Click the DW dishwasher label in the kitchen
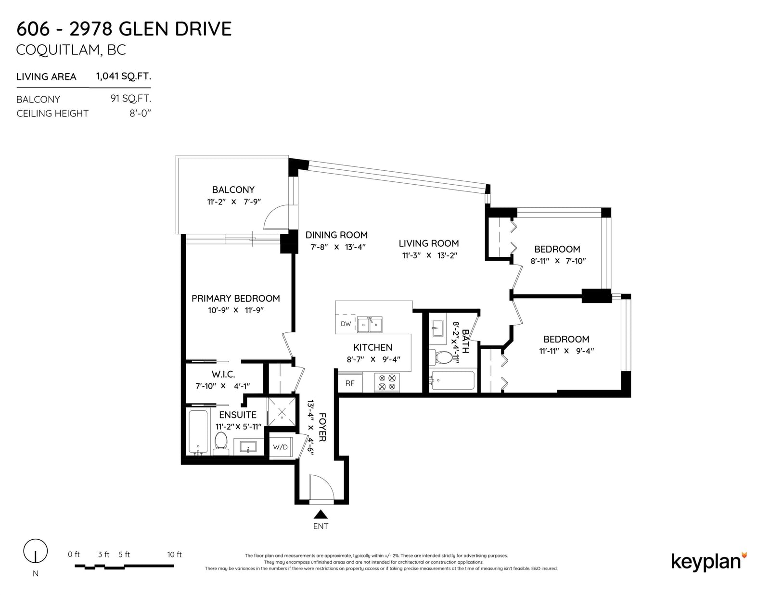click(x=346, y=324)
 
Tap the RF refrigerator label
click(x=350, y=383)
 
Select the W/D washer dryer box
click(x=280, y=447)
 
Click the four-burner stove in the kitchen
click(x=387, y=382)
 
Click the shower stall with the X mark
click(x=282, y=412)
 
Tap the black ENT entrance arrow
click(x=321, y=514)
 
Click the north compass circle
click(x=36, y=551)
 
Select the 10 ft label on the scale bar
click(x=174, y=555)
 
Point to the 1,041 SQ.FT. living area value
click(x=123, y=76)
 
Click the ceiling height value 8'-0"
click(x=141, y=114)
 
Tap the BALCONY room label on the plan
click(x=233, y=190)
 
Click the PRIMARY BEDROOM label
click(x=236, y=299)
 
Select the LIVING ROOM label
click(x=429, y=244)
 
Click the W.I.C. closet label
click(x=223, y=374)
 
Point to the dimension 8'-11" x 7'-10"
click(x=558, y=261)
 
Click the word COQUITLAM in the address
click(x=58, y=50)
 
